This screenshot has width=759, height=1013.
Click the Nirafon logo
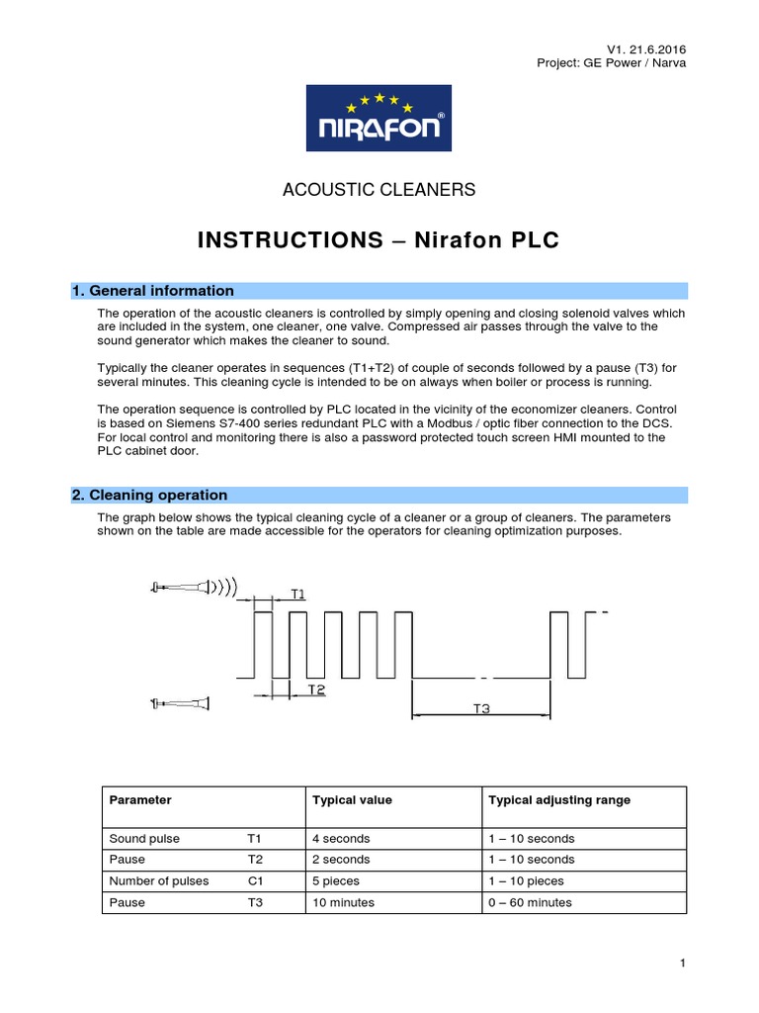pyautogui.click(x=379, y=118)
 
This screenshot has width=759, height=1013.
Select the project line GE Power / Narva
pyautogui.click(x=611, y=63)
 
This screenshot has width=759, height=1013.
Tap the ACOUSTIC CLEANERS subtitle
pyautogui.click(x=379, y=189)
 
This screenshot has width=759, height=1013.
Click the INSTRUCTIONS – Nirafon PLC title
pyautogui.click(x=379, y=240)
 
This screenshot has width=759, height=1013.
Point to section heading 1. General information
pyautogui.click(x=153, y=291)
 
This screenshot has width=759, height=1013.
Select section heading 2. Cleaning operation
pyautogui.click(x=150, y=496)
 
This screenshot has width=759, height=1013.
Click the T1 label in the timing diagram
pyautogui.click(x=297, y=594)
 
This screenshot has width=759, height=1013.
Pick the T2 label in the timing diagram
pyautogui.click(x=316, y=690)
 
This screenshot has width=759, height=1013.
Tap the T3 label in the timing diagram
pyautogui.click(x=480, y=708)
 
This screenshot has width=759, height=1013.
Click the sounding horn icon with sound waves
pyautogui.click(x=194, y=589)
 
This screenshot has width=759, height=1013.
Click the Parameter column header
pyautogui.click(x=140, y=800)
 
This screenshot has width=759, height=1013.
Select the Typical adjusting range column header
pyautogui.click(x=559, y=800)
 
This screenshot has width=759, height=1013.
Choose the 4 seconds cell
pyautogui.click(x=341, y=838)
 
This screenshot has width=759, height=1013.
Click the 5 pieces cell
pyautogui.click(x=336, y=881)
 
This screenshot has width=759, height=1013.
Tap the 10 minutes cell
pyautogui.click(x=341, y=903)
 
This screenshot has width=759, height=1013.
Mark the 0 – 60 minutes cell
pyautogui.click(x=530, y=903)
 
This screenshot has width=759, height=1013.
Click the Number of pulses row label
pyautogui.click(x=159, y=881)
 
